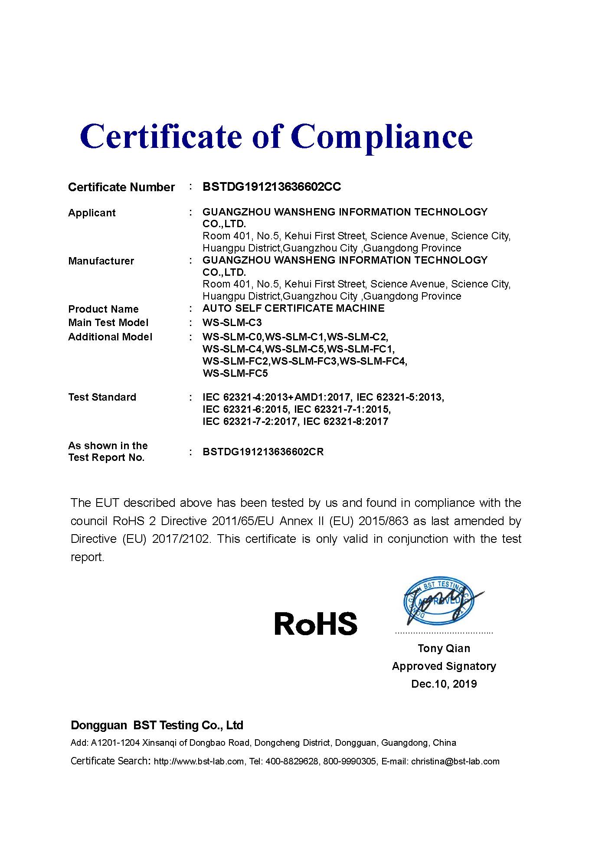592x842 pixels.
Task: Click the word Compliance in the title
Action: tap(382, 136)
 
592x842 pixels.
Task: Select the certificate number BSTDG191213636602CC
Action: tap(271, 187)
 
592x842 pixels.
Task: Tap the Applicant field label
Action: tap(92, 213)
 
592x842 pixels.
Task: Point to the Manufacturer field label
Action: tap(101, 261)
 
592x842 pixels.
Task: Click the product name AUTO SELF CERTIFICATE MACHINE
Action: tap(293, 308)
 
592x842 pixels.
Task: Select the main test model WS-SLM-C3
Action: tap(232, 323)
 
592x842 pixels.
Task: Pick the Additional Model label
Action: tap(110, 337)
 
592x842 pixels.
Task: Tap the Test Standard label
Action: tap(102, 397)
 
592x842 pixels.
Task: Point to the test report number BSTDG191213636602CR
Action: tap(263, 452)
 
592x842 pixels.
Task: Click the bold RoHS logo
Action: tap(316, 623)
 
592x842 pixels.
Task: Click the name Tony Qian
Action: tap(444, 648)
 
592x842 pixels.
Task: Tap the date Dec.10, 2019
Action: tap(444, 684)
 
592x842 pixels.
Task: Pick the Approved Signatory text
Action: tap(444, 666)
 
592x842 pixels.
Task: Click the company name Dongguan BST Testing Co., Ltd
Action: tap(157, 725)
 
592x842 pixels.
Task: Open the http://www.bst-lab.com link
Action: tap(199, 761)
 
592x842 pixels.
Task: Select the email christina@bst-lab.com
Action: tap(455, 761)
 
